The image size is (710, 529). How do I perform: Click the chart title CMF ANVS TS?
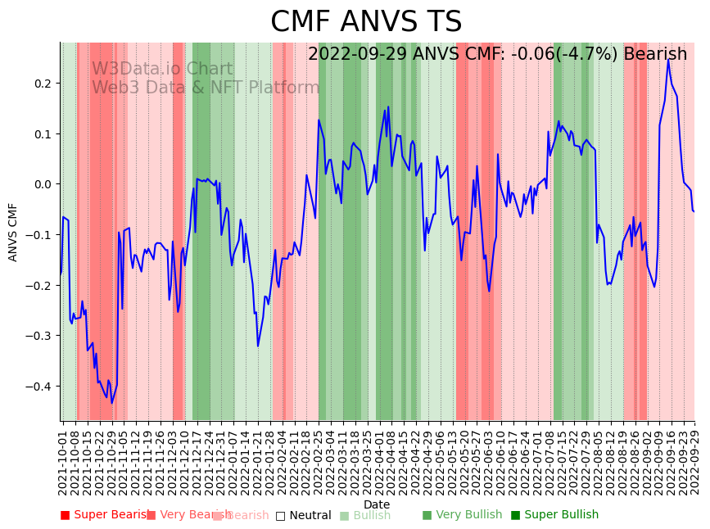(x=366, y=22)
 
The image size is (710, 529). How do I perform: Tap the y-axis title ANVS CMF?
(x=13, y=232)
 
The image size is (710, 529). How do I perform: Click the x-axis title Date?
(x=377, y=504)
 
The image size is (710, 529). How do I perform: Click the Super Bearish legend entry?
(x=107, y=515)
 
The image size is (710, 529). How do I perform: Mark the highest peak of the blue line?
(x=668, y=60)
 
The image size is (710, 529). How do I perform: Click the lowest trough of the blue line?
(x=112, y=403)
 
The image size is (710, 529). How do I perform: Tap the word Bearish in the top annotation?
(x=656, y=55)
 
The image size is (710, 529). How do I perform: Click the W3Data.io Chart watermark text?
(x=162, y=70)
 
